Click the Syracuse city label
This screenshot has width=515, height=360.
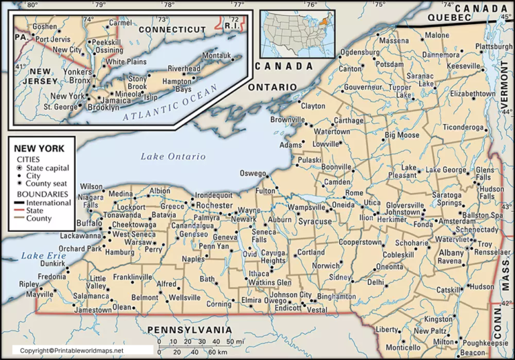315,221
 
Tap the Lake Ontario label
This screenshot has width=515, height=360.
173,156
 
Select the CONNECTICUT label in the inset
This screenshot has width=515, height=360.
171,29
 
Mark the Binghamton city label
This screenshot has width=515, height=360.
337,296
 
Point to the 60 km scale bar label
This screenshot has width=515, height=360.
215,351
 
